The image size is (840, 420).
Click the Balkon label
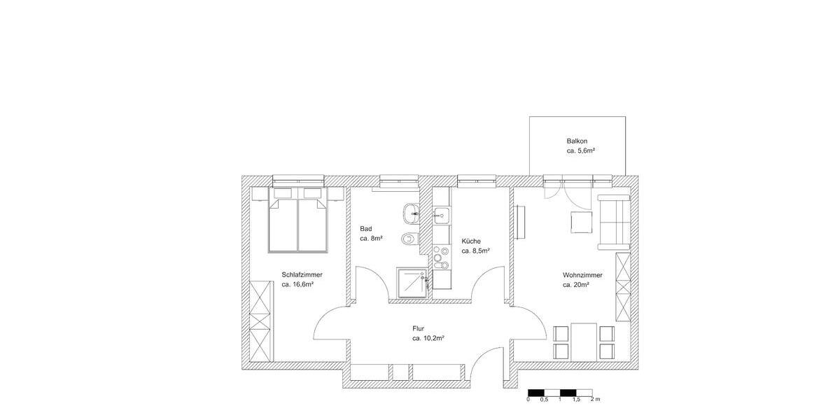point(577,141)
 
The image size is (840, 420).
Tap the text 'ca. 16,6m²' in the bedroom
point(297,285)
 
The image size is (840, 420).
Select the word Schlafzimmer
point(302,274)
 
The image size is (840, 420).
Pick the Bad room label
point(365,229)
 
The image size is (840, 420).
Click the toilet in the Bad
point(409,239)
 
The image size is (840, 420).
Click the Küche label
point(471,241)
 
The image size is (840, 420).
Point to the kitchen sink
point(442,213)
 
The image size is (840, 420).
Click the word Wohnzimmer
point(582,275)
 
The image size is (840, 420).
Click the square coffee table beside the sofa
point(582,223)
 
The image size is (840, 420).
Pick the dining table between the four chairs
point(584,341)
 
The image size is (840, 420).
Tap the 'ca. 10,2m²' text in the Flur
point(428,337)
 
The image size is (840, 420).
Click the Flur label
point(419,328)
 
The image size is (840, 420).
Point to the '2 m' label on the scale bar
point(595,399)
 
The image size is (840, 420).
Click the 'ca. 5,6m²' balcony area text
point(580,150)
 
